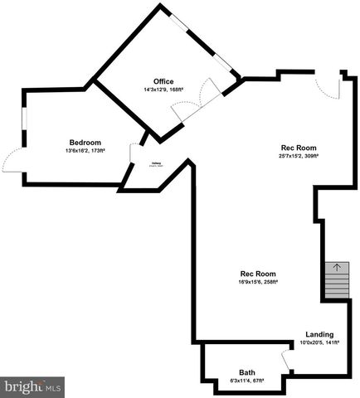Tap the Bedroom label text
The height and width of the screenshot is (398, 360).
85,142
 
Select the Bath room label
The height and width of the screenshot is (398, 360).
247,372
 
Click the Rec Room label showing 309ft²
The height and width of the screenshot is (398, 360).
299,147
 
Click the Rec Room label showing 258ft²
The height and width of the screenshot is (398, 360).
258,274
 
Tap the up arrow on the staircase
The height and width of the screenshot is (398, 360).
336,267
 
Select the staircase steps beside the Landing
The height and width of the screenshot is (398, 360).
336,287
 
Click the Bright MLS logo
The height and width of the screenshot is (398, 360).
32,386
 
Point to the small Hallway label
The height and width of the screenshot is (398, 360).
155,164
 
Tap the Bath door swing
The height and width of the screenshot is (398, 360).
286,360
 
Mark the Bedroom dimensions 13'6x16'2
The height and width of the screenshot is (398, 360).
85,151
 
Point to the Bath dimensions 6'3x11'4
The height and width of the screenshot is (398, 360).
247,381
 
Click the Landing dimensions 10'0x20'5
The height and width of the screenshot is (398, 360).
319,342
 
